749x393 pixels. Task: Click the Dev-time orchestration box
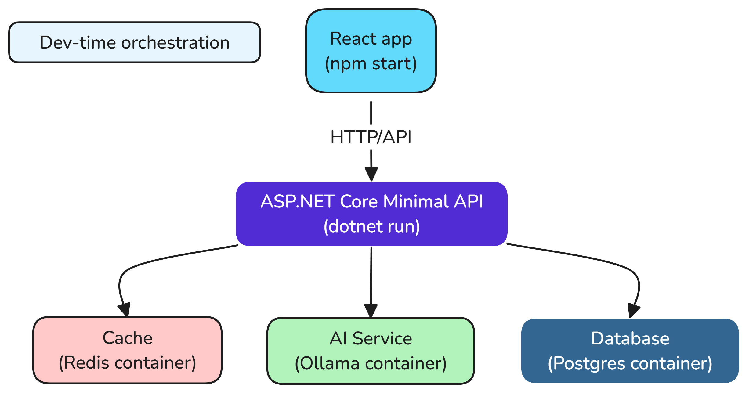(134, 42)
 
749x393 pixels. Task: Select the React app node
(371, 51)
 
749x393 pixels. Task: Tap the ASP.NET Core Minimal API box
(371, 214)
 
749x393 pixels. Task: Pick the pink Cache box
(127, 350)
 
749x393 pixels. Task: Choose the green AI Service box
(371, 351)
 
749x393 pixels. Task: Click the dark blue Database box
(630, 351)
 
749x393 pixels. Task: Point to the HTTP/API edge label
(371, 137)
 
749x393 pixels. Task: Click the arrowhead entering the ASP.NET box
(371, 174)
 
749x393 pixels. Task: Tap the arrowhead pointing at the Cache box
(125, 309)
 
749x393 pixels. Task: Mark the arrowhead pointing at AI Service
(371, 311)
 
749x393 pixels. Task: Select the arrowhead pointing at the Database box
(633, 311)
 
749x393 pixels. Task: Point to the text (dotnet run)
(371, 226)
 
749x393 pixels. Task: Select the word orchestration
(175, 42)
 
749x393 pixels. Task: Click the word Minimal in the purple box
(416, 201)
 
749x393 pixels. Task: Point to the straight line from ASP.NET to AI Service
(371, 275)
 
